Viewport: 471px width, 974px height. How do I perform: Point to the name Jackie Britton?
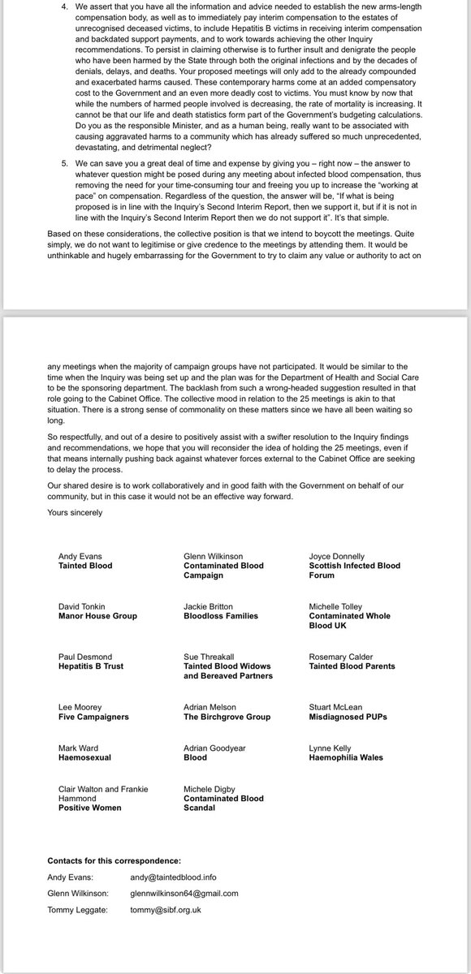[210, 606]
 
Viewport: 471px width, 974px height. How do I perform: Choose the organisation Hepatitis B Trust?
[94, 666]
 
